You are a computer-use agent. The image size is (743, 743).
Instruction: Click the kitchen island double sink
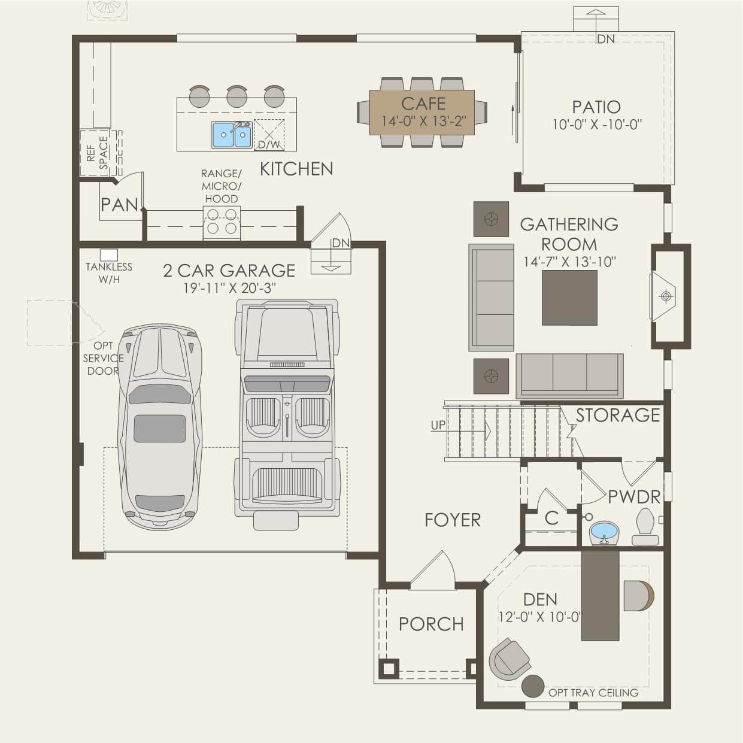tap(232, 135)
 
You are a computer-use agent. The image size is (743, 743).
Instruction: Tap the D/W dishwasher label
tap(269, 145)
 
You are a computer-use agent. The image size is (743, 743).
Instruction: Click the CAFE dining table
tap(422, 112)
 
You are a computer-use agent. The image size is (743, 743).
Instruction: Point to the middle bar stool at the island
tap(236, 96)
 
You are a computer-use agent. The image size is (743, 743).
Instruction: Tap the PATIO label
tap(596, 107)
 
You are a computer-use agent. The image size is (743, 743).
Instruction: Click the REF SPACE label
tap(98, 153)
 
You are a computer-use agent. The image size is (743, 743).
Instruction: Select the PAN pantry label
tap(119, 204)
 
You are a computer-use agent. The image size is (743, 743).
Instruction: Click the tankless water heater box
tap(109, 254)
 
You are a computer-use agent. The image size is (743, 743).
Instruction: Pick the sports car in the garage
tap(160, 427)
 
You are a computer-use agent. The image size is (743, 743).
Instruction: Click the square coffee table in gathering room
tap(569, 298)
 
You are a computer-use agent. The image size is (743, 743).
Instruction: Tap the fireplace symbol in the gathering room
tap(665, 296)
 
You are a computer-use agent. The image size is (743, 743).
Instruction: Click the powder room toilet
tap(645, 527)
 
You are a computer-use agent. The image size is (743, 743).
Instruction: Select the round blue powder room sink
tap(604, 532)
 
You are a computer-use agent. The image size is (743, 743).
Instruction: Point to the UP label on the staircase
tap(438, 425)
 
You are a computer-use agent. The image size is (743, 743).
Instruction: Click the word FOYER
tap(453, 520)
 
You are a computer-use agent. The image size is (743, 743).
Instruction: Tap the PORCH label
tap(431, 624)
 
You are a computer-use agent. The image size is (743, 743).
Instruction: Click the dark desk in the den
tap(600, 596)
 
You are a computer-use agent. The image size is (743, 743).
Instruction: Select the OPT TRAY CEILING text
tap(593, 693)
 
